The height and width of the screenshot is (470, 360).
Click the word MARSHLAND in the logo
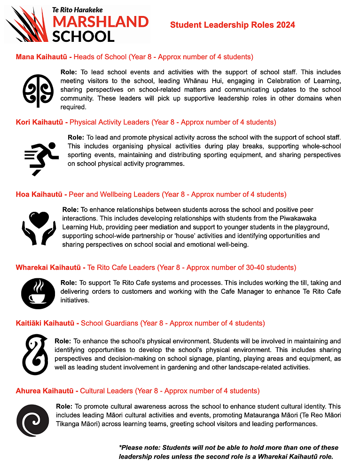click(x=100, y=22)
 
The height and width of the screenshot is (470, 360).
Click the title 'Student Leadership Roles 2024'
click(x=233, y=25)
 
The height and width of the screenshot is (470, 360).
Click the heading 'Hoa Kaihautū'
click(x=39, y=194)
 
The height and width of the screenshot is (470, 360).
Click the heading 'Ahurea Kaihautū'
click(x=45, y=391)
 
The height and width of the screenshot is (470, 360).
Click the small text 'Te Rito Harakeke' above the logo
click(x=77, y=9)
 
